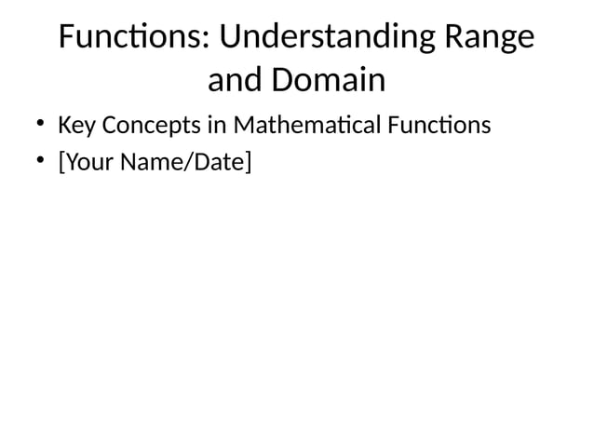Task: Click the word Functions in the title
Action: tap(133, 38)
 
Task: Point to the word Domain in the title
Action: tap(328, 81)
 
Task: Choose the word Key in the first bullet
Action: tap(74, 124)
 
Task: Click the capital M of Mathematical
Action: tap(245, 124)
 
